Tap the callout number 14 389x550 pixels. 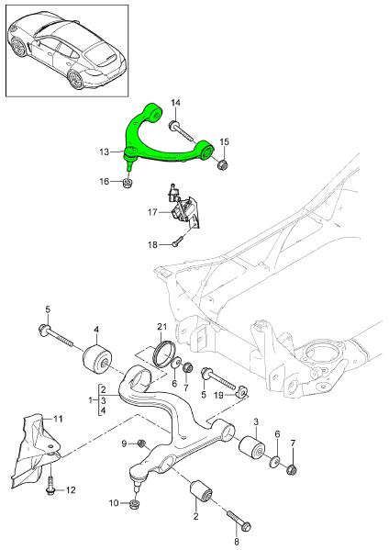point(176,102)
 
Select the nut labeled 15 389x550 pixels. point(222,165)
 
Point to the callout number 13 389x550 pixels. point(105,152)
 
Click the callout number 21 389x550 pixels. point(162,328)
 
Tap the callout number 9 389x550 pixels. point(123,444)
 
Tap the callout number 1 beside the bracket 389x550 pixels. point(91,401)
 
